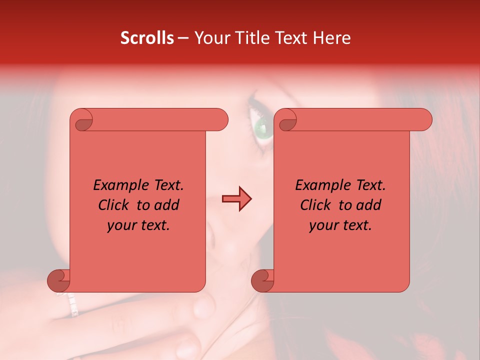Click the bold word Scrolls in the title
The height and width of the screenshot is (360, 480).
tap(147, 38)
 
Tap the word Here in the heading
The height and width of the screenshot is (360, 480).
tap(332, 38)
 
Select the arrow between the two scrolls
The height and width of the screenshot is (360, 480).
tap(237, 199)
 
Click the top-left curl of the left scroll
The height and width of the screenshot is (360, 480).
tap(82, 120)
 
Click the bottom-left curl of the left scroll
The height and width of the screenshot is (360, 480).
tap(59, 280)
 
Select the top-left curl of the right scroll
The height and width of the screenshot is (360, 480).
tap(286, 120)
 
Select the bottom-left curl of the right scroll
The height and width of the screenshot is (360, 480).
tap(263, 280)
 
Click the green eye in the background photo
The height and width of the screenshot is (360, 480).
tap(262, 128)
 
